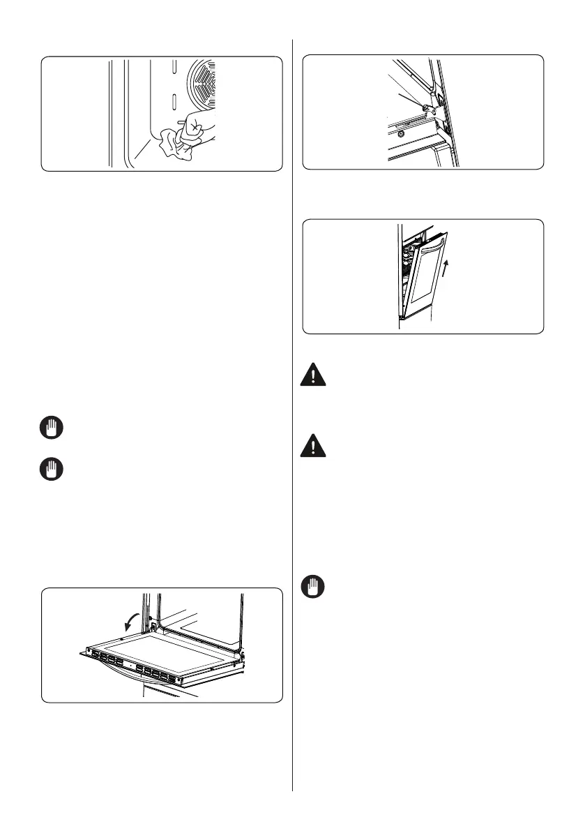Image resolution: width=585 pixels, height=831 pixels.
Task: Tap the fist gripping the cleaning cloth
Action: click(x=196, y=129)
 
